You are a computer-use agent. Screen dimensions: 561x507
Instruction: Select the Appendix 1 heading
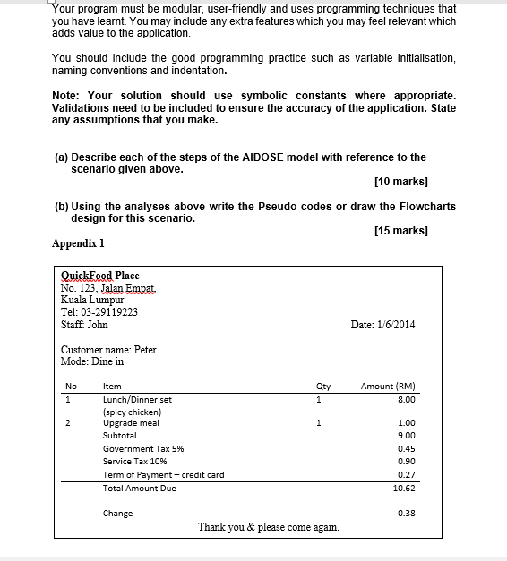point(79,242)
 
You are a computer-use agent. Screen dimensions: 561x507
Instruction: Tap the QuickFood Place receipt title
point(99,276)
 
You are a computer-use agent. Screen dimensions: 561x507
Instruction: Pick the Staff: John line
point(84,325)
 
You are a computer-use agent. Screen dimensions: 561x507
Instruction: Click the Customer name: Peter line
point(108,350)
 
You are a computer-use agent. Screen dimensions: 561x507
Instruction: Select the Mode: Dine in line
point(92,361)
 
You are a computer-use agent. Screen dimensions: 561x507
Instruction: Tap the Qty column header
point(323,387)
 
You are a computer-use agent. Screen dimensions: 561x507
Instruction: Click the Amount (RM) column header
point(387,387)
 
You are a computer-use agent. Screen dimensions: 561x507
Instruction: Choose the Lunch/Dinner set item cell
point(137,399)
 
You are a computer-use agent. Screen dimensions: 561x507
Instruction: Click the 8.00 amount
point(406,399)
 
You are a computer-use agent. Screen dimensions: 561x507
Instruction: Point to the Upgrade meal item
point(131,422)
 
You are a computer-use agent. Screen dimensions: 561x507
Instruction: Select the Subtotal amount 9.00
point(406,435)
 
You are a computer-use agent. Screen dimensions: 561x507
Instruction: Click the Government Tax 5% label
point(143,448)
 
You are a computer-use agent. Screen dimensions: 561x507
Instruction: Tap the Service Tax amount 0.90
point(406,462)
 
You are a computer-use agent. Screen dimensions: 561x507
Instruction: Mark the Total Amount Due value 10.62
point(404,489)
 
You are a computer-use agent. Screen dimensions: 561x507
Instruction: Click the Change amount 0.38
point(406,514)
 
